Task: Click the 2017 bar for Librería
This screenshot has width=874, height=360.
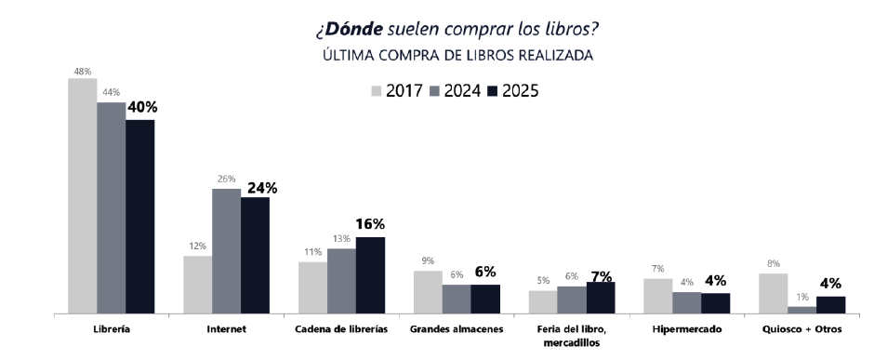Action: coord(82,196)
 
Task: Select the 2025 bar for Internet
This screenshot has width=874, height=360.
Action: coord(255,256)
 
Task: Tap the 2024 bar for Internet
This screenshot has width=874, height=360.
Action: coord(226,251)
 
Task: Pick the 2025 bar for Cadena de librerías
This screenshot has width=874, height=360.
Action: coord(370,275)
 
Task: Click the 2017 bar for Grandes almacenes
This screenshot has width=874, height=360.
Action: coord(428,292)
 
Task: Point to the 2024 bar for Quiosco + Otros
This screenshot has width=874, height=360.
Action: coord(801,310)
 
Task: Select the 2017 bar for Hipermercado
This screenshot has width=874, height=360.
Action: coord(657,296)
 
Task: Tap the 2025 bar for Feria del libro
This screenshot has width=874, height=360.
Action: coord(601,298)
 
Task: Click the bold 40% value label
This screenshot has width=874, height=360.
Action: coord(141,107)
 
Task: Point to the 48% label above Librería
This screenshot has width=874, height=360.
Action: coord(83,70)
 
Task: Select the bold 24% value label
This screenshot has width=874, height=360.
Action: coord(257,187)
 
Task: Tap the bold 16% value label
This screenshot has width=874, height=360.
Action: coord(370,224)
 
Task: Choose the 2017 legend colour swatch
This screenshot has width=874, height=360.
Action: coord(377,91)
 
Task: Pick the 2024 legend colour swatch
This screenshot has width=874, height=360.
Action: coord(434,91)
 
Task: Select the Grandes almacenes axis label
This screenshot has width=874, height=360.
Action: coord(457,330)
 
